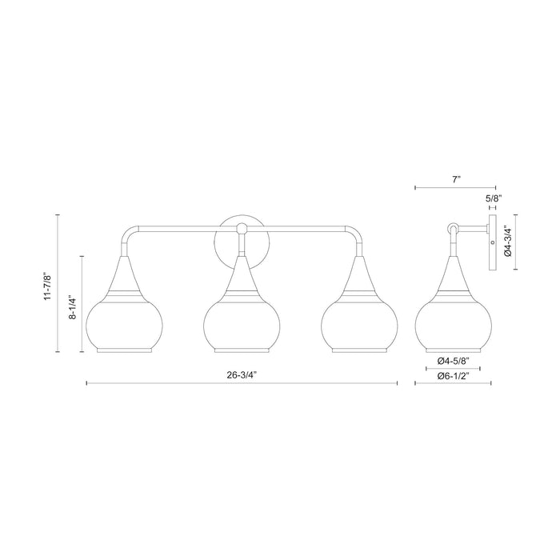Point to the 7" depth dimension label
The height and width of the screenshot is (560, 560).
tap(454, 181)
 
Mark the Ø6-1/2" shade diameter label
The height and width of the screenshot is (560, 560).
tap(454, 374)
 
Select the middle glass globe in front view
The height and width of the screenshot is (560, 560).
tap(240, 325)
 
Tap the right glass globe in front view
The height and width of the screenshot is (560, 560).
tap(358, 325)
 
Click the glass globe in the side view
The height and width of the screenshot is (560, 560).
tap(454, 325)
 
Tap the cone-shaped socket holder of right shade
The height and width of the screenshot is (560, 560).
tap(358, 277)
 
